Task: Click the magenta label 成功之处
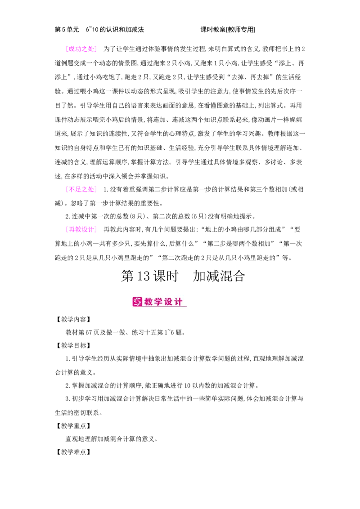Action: [x=81, y=49]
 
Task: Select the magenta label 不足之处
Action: [x=81, y=189]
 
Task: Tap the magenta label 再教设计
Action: [x=81, y=229]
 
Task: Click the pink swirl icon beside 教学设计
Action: [x=137, y=302]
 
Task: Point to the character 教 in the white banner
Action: [x=149, y=302]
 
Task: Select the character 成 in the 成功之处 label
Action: [x=71, y=49]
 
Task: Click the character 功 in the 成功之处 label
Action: [x=78, y=49]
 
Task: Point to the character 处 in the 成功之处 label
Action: [x=91, y=49]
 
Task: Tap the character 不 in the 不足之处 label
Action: [x=71, y=189]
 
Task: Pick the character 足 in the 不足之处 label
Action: [x=78, y=189]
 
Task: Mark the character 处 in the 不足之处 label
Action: [x=91, y=189]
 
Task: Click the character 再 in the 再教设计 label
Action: [x=71, y=229]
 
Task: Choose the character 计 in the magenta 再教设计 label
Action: [x=91, y=229]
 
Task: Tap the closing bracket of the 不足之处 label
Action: [x=95, y=189]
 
